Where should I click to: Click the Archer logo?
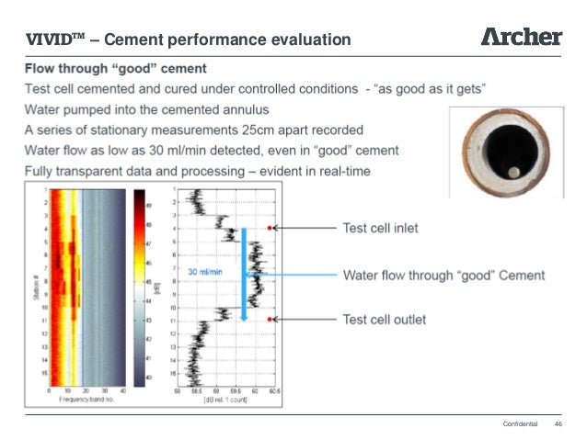click(521, 37)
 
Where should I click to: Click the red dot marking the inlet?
click(270, 228)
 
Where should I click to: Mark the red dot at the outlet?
click(270, 319)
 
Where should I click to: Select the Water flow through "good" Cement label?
click(443, 275)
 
